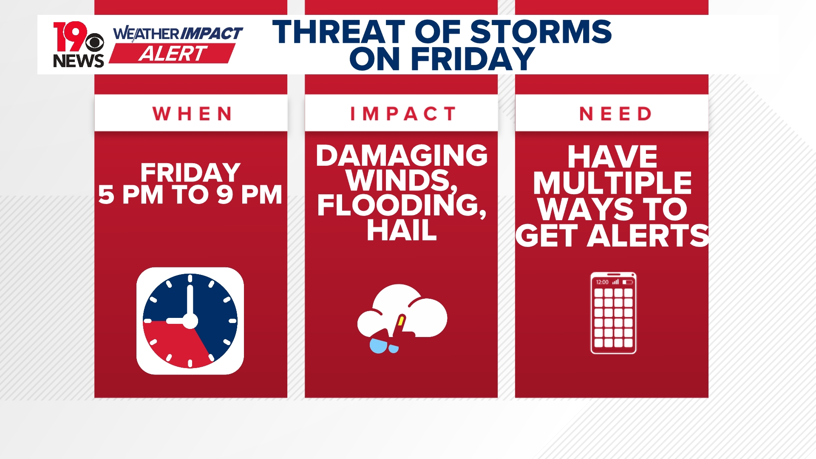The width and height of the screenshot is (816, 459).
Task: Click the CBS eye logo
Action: [x=94, y=42]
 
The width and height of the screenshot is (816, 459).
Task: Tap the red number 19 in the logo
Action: [x=69, y=37]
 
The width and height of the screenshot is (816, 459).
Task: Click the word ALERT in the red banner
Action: [x=173, y=54]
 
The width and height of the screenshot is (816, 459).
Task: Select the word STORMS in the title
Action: [x=541, y=32]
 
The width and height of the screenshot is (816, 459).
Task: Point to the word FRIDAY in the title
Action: [x=472, y=59]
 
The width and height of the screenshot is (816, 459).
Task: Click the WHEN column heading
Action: [x=192, y=114]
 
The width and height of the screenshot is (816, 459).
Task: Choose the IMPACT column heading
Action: [x=402, y=114]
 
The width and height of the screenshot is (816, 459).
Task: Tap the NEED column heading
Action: [x=615, y=114]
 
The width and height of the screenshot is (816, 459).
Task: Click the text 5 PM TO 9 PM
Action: [x=190, y=195]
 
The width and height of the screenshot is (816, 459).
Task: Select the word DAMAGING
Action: [x=402, y=156]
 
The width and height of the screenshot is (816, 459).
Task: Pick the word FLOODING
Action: [x=399, y=205]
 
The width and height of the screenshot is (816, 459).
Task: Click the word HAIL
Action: [x=402, y=231]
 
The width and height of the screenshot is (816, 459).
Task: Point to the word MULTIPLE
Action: [x=612, y=183]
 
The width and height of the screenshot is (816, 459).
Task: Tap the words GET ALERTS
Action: [x=612, y=236]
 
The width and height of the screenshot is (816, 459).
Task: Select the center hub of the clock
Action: [x=190, y=321]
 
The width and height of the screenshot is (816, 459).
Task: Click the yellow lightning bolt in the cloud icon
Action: [x=400, y=321]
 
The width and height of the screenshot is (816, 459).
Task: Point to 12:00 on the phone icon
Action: [x=602, y=282]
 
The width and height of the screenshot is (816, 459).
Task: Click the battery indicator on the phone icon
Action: [x=628, y=282]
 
